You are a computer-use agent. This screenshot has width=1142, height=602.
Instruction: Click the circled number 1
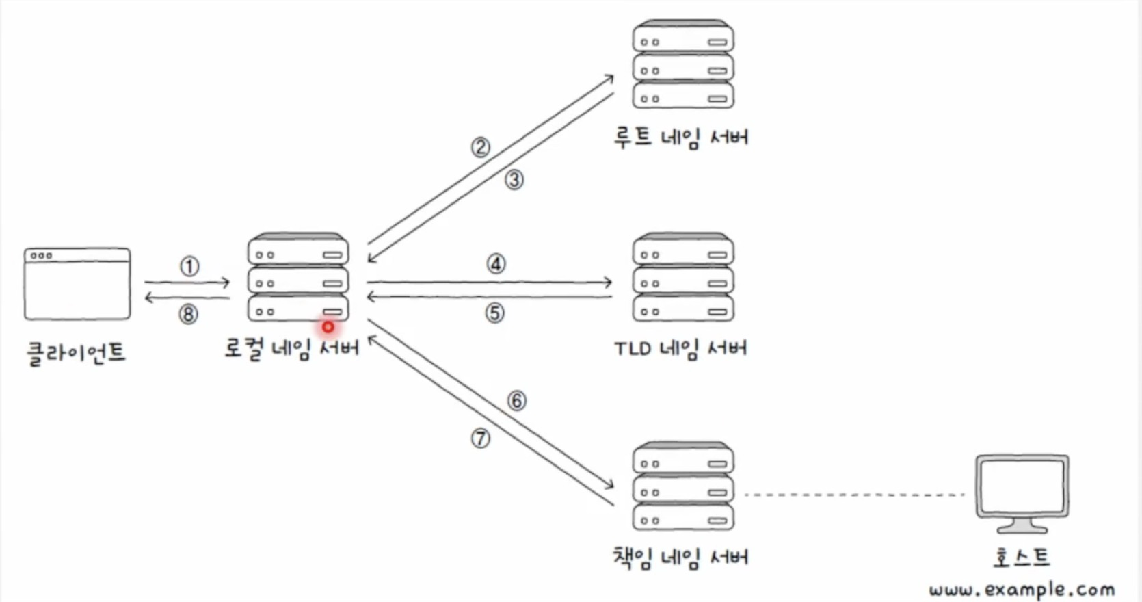pyautogui.click(x=189, y=267)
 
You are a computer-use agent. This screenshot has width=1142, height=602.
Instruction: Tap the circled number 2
pyautogui.click(x=480, y=148)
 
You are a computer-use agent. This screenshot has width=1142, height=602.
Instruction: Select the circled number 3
pyautogui.click(x=514, y=180)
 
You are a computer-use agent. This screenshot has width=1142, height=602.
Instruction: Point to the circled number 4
pyautogui.click(x=496, y=264)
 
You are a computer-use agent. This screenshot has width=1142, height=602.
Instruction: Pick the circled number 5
pyautogui.click(x=494, y=313)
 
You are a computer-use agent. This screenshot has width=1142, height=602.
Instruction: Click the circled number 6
pyautogui.click(x=516, y=401)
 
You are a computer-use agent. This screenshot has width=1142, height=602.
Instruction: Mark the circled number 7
pyautogui.click(x=480, y=439)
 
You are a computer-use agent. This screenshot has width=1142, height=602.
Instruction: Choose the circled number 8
pyautogui.click(x=188, y=314)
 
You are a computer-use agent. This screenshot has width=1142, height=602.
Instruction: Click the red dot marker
pyautogui.click(x=328, y=327)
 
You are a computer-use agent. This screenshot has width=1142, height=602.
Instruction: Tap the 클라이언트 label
pyautogui.click(x=77, y=353)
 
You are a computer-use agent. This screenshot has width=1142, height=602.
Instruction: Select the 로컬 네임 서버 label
pyautogui.click(x=292, y=349)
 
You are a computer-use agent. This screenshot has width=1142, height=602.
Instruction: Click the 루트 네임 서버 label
pyautogui.click(x=681, y=138)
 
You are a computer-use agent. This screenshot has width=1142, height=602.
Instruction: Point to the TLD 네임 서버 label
pyautogui.click(x=680, y=348)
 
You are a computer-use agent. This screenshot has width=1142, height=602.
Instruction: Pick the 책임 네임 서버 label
pyautogui.click(x=680, y=557)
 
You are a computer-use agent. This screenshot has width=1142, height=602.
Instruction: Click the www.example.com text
pyautogui.click(x=1022, y=590)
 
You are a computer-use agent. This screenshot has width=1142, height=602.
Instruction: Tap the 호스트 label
pyautogui.click(x=1021, y=557)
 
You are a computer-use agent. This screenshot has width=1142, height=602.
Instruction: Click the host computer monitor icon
pyautogui.click(x=1022, y=493)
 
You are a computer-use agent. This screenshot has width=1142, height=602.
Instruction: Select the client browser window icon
pyautogui.click(x=77, y=284)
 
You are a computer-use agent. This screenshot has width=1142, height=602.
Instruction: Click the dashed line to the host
pyautogui.click(x=854, y=495)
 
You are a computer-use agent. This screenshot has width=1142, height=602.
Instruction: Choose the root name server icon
pyautogui.click(x=683, y=64)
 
